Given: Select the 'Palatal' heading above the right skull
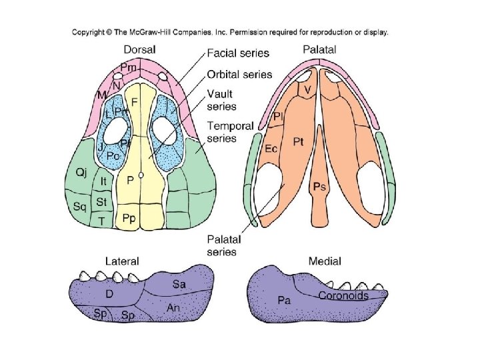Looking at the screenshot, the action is click(319, 49).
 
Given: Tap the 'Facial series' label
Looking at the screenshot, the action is click(237, 53).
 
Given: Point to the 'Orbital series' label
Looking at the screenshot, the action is click(239, 74).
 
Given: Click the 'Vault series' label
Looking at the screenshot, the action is click(221, 99).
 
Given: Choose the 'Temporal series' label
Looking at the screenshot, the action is click(229, 131).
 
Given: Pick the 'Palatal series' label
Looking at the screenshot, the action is click(223, 245).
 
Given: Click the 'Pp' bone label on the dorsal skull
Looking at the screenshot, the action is click(129, 218).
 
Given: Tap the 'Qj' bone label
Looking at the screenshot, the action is click(81, 173).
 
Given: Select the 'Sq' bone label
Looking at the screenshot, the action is click(80, 207).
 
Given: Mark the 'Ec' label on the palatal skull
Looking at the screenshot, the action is click(271, 148).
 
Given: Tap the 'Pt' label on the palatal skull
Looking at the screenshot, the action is click(299, 141).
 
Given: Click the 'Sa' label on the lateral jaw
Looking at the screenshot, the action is click(179, 284).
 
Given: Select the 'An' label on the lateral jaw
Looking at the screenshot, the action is click(173, 308).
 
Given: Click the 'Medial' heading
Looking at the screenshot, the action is click(325, 261).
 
